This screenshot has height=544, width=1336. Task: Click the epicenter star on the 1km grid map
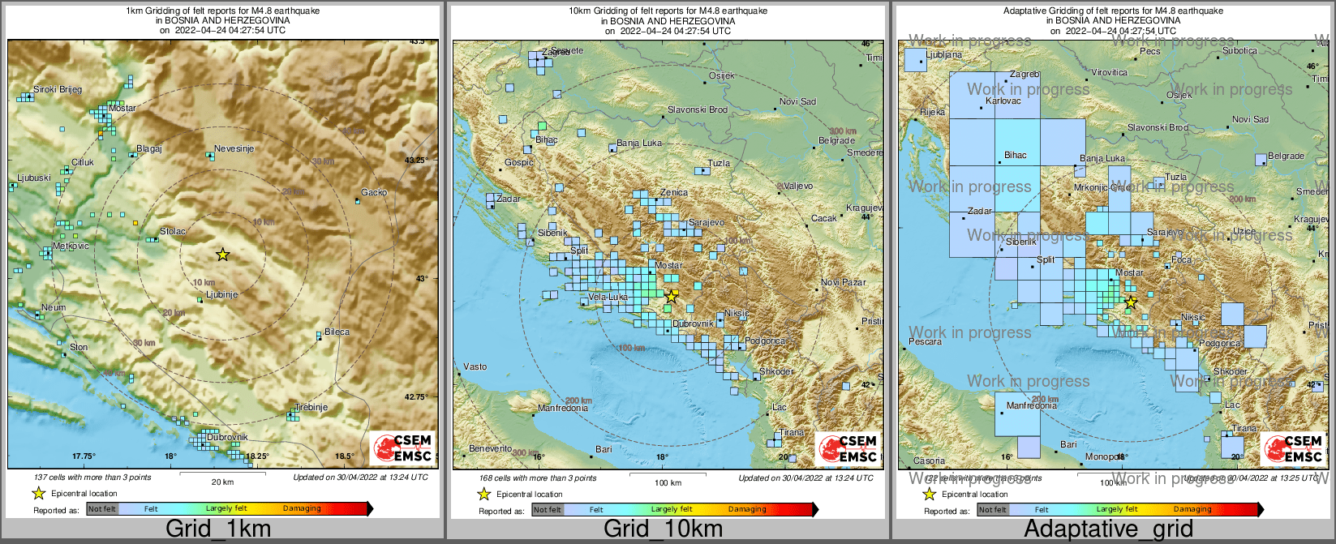tap(223, 255)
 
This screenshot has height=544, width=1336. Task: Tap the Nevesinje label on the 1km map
tap(234, 149)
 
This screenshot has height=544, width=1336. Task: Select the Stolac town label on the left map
tap(173, 232)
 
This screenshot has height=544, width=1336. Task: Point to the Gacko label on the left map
tap(374, 193)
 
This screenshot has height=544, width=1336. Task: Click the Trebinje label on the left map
tap(311, 408)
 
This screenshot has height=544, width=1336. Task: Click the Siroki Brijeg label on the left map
tap(57, 90)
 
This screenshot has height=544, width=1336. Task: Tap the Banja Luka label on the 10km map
tap(639, 143)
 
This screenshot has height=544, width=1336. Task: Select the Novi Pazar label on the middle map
tap(844, 283)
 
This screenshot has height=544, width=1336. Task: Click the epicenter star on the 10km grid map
tap(672, 297)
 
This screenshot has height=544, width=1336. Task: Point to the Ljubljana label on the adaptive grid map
tap(943, 55)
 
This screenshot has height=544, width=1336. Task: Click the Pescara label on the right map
tap(925, 342)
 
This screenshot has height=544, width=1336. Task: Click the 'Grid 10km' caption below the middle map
tap(663, 529)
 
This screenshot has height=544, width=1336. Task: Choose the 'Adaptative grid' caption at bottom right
tap(1108, 529)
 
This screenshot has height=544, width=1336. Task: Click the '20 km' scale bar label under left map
tap(222, 482)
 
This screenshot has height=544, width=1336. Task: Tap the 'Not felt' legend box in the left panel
tap(102, 509)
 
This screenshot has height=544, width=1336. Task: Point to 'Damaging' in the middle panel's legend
tap(746, 510)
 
